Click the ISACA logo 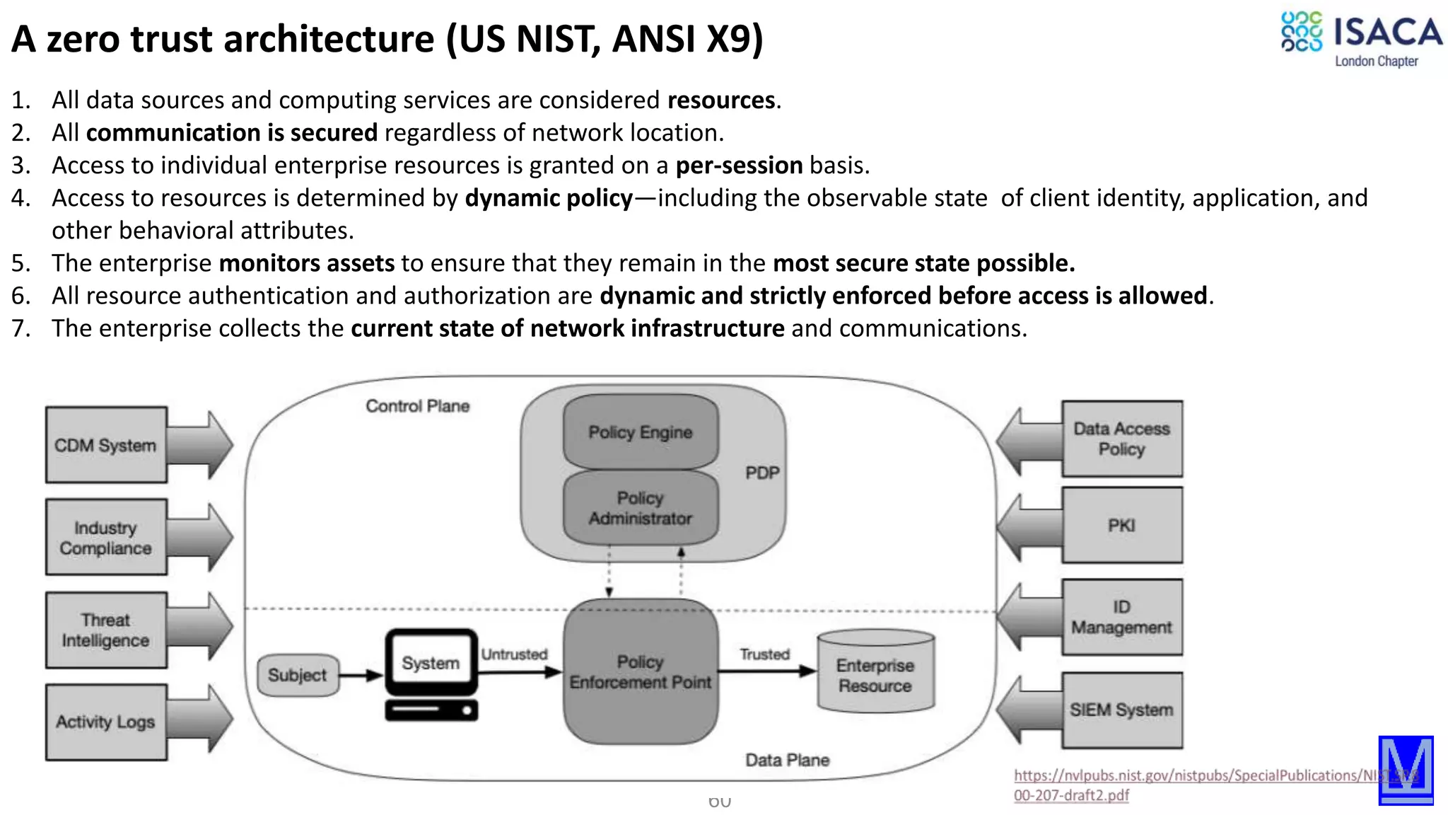tap(1360, 39)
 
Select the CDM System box tap(106, 445)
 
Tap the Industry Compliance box tap(106, 538)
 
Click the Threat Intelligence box tap(106, 630)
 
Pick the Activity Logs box tap(106, 722)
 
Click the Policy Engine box tap(641, 432)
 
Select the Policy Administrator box tap(641, 508)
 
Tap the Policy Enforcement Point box tap(641, 672)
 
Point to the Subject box tap(298, 675)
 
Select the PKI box tap(1121, 526)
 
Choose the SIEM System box tap(1121, 710)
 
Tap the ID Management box tap(1121, 617)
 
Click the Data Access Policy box tap(1121, 439)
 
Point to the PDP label tap(762, 473)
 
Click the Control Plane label tap(417, 406)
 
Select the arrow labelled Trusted tap(766, 671)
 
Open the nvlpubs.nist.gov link tap(1188, 776)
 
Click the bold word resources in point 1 tap(721, 100)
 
